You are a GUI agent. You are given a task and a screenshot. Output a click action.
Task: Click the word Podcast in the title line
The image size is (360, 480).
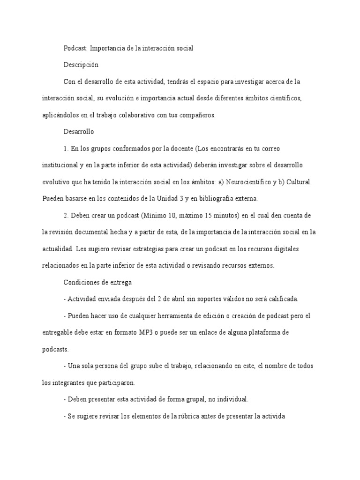tap(75, 48)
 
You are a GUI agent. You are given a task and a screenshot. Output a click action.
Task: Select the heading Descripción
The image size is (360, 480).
tap(81, 65)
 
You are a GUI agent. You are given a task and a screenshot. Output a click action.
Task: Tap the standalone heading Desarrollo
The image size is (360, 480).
tap(79, 132)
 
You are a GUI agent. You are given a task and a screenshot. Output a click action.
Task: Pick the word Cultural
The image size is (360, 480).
tap(298, 182)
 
